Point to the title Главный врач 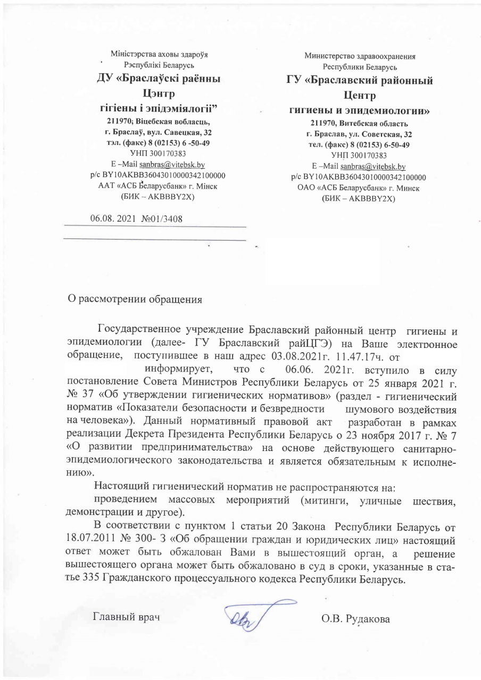pos(127,617)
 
